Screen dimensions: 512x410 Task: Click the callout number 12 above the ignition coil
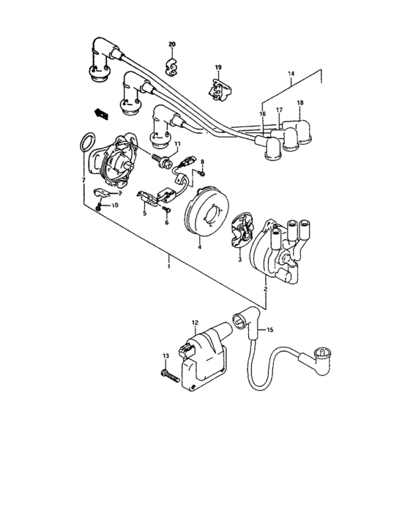coord(195,323)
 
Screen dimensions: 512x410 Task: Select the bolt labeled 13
coord(168,375)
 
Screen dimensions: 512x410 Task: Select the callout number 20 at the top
coord(172,45)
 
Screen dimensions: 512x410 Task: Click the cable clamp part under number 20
coord(172,65)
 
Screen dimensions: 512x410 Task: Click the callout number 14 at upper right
coord(291,74)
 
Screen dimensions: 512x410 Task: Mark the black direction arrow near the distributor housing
coord(100,113)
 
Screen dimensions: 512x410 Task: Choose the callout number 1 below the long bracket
coord(170,259)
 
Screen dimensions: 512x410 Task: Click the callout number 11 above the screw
coord(176,143)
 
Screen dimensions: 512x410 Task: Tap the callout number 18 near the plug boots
coord(299,103)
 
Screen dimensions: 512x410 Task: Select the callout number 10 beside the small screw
coord(115,206)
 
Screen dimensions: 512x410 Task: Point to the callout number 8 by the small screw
coord(204,161)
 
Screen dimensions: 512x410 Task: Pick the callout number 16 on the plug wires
coord(262,115)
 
